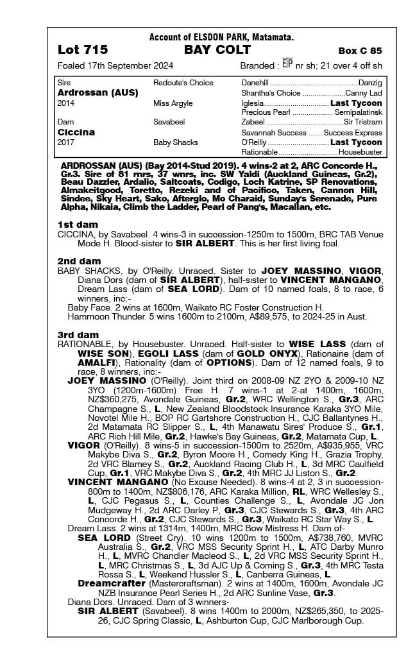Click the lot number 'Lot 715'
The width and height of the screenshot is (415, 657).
pos(83,50)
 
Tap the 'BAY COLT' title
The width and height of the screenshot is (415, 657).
pos(208,50)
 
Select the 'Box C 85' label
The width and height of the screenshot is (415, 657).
pos(360,51)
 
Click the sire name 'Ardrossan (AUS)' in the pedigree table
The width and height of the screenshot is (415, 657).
pos(97,92)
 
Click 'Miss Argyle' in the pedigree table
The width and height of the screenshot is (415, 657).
pos(171,103)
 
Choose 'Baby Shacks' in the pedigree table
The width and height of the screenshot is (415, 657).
pos(175,142)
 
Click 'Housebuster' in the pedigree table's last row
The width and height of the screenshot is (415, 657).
pos(360,152)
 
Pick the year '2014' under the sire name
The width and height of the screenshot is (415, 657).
pos(66,103)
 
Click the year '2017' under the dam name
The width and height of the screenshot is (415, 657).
pos(66,142)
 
